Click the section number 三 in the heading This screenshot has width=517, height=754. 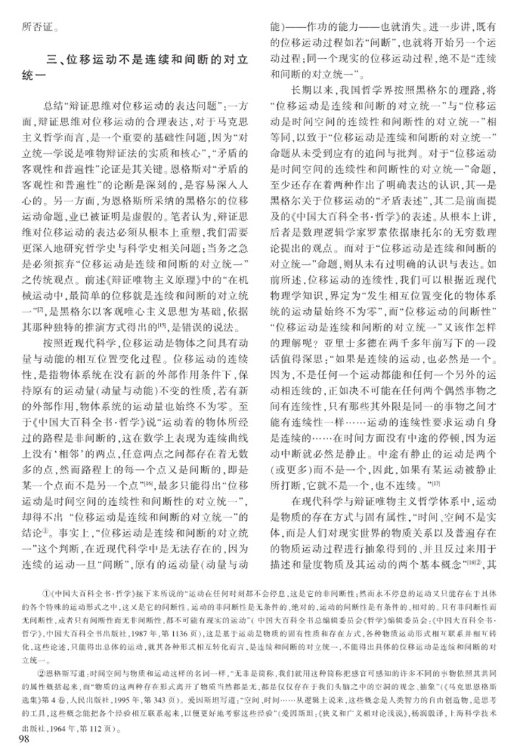pos(49,60)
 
